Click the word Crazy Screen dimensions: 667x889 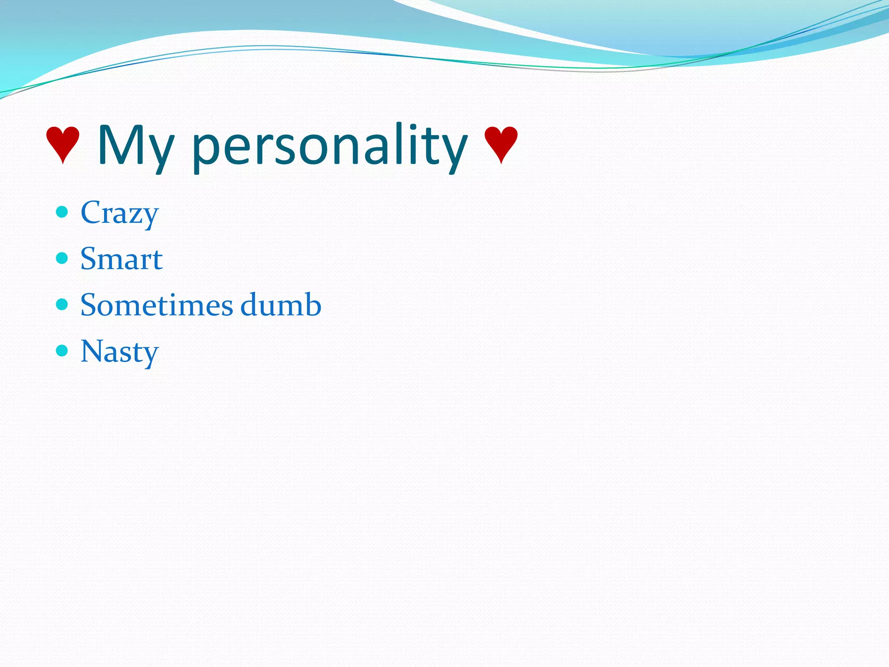point(119,213)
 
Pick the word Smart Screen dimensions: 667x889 point(122,259)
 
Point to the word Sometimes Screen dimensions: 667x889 point(157,305)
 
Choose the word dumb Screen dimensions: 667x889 point(280,304)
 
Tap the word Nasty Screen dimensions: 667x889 point(119,352)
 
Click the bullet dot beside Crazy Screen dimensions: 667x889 point(63,212)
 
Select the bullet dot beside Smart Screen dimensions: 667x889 point(63,258)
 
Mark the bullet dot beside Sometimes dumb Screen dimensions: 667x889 point(63,304)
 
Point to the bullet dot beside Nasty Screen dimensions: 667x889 point(63,350)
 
